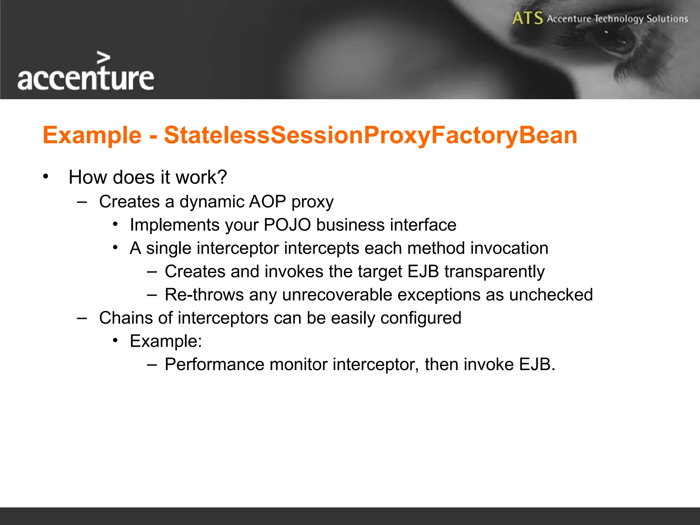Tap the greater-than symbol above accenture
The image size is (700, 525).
pyautogui.click(x=103, y=58)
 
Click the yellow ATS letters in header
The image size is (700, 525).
pyautogui.click(x=527, y=18)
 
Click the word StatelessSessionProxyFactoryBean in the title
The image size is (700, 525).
pyautogui.click(x=371, y=135)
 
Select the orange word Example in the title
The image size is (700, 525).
pyautogui.click(x=92, y=135)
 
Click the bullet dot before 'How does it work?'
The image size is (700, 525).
pyautogui.click(x=46, y=177)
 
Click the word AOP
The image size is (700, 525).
pyautogui.click(x=267, y=201)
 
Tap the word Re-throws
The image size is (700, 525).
pyautogui.click(x=204, y=295)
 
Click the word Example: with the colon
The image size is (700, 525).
pyautogui.click(x=166, y=341)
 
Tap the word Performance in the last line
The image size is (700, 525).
pyautogui.click(x=214, y=364)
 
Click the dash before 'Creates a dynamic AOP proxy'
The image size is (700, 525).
pyautogui.click(x=82, y=202)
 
